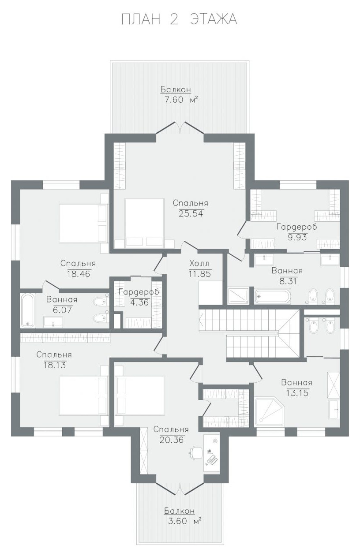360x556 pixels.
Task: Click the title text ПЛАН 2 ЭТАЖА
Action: (x=179, y=19)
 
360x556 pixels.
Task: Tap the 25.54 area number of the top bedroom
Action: (x=191, y=213)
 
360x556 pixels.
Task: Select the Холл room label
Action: (x=199, y=263)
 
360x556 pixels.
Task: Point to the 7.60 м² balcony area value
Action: (x=181, y=100)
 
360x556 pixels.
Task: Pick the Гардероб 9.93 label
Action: (x=297, y=231)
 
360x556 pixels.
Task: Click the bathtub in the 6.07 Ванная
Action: (x=28, y=310)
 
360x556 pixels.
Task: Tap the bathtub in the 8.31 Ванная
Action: (x=273, y=296)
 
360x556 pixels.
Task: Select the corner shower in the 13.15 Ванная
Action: (x=270, y=411)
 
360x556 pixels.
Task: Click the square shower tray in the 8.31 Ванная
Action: (x=238, y=295)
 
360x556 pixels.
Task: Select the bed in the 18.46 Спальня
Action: (x=83, y=223)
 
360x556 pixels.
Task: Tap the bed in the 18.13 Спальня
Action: (x=83, y=396)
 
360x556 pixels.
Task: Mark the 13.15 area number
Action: (x=297, y=393)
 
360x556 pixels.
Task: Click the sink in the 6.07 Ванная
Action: (x=53, y=322)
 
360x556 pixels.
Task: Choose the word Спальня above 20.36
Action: (x=171, y=429)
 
